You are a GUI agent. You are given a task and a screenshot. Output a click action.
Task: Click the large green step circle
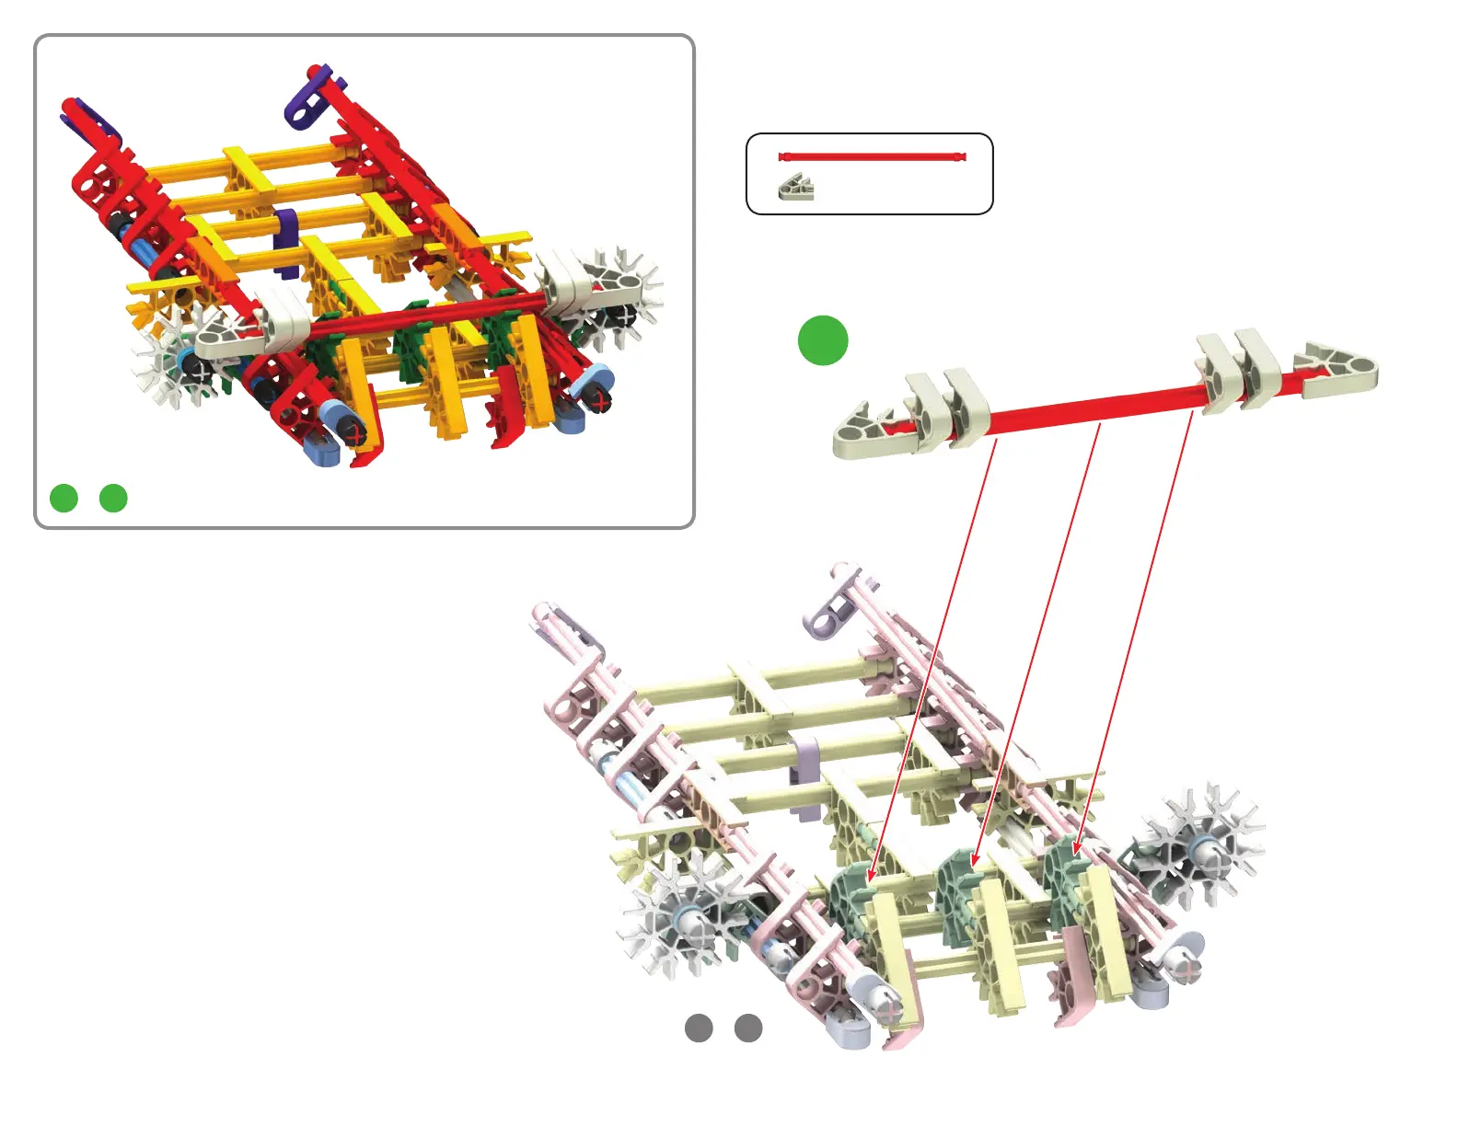click(x=822, y=340)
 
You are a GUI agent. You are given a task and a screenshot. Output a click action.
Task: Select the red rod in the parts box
click(x=872, y=157)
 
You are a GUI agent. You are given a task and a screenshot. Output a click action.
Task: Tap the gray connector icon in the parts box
click(x=796, y=188)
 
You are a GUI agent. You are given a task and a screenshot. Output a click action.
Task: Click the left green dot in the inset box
click(x=64, y=498)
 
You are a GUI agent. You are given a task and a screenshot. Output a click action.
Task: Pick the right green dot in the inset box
click(x=113, y=498)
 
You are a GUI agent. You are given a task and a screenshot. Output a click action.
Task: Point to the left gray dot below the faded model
click(x=699, y=1028)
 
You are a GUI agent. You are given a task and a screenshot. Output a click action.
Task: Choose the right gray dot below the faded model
click(x=748, y=1028)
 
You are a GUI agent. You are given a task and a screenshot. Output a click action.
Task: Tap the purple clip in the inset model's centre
click(x=287, y=241)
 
